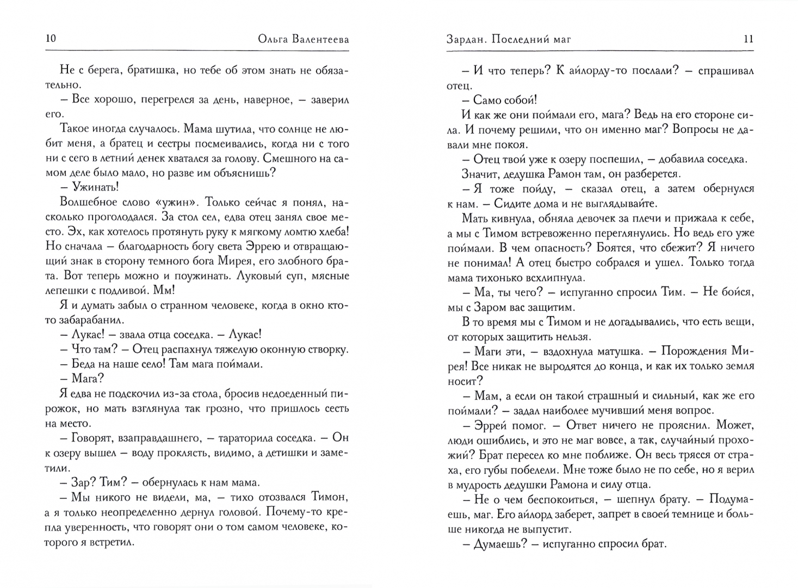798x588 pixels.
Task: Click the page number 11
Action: point(748,39)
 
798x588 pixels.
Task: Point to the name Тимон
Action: point(330,497)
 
